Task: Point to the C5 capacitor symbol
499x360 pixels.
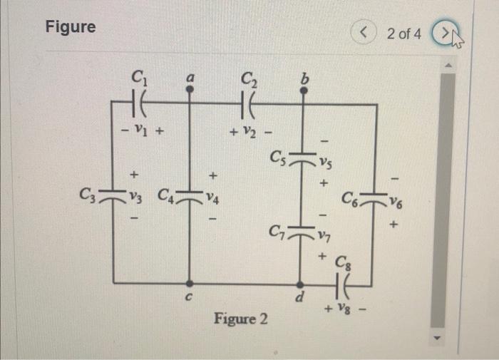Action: (x=301, y=158)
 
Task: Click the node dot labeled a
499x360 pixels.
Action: (x=188, y=90)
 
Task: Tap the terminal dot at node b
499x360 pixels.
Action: (x=301, y=91)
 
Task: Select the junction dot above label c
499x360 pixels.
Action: (x=188, y=283)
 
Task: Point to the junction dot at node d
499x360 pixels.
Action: (x=301, y=283)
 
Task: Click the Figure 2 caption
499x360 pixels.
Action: (x=241, y=318)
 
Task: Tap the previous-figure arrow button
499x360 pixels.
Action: (x=365, y=32)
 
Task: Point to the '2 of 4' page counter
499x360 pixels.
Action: (x=403, y=33)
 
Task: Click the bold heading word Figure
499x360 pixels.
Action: (x=70, y=27)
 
